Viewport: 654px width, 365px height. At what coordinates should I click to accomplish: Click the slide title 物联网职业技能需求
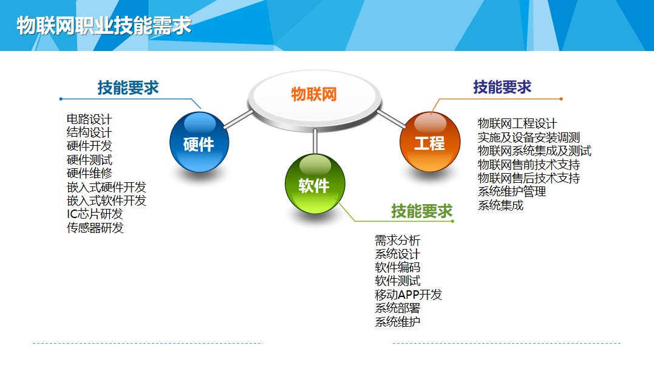[x=104, y=26]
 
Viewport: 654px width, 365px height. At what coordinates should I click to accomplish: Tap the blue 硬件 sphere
[x=199, y=142]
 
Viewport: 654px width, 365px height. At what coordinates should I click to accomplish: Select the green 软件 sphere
[x=315, y=183]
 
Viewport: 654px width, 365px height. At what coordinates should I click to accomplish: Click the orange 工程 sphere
[x=430, y=142]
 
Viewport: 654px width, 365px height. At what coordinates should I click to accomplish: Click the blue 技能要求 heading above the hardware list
[x=128, y=87]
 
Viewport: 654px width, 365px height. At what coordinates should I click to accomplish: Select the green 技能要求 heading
[x=421, y=211]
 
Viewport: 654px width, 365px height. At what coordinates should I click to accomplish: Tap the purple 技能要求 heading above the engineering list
[x=502, y=87]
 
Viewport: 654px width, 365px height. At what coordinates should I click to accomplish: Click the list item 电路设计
[x=89, y=119]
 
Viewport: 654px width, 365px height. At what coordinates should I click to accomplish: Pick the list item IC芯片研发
[x=95, y=214]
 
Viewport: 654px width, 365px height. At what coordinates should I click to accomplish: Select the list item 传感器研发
[x=95, y=228]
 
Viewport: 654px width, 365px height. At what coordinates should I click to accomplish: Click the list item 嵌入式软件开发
[x=106, y=200]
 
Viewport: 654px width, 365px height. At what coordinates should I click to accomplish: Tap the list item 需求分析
[x=398, y=240]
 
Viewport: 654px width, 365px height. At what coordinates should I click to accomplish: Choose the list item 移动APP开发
[x=408, y=295]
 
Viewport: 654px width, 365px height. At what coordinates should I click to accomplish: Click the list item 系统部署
[x=398, y=309]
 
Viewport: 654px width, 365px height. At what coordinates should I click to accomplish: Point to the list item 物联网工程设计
[x=517, y=123]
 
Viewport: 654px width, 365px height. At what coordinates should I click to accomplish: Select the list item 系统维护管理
[x=512, y=191]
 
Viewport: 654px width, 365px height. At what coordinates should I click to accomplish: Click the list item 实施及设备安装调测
[x=529, y=137]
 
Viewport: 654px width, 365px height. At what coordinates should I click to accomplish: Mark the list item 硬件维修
[x=89, y=173]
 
